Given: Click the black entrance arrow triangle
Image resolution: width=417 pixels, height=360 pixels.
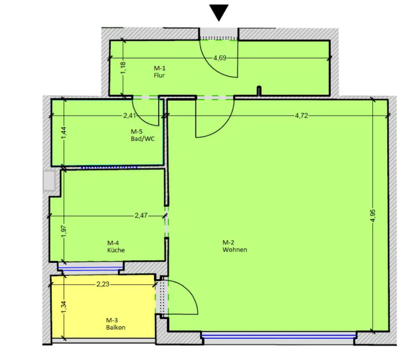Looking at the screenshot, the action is coord(219,12).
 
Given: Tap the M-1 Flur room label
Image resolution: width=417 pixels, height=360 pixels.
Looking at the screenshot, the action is coord(159,72).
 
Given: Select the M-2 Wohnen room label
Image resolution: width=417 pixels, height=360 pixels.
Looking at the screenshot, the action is coord(235,246).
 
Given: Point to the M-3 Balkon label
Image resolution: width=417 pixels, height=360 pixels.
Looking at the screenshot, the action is coord(115,324).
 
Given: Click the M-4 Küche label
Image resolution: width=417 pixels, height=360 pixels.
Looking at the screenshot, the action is coord(116,246).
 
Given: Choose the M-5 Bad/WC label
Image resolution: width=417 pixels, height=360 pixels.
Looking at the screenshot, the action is coord(142,135).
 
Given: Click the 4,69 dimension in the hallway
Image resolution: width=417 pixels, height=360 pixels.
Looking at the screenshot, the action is coord(220,58).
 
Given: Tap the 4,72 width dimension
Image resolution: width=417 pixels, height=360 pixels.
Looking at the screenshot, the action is coord(301,115).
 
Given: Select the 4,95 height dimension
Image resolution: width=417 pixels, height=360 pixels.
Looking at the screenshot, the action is coord(373,216).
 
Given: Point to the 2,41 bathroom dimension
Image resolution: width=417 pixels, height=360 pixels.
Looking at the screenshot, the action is coord(130,115).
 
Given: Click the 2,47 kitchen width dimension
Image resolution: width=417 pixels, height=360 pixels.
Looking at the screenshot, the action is coord(141,215).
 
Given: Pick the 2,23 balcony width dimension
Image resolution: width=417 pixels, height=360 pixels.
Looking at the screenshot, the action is coord(103,284).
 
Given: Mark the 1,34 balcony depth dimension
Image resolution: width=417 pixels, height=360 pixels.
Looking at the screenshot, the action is coord(64,307).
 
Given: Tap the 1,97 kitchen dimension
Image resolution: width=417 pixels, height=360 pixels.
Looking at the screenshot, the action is coord(64,232).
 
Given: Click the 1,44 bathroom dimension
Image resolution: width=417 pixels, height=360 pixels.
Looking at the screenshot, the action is coord(64,133).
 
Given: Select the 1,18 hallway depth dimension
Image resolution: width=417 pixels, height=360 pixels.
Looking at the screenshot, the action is coord(123,68).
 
